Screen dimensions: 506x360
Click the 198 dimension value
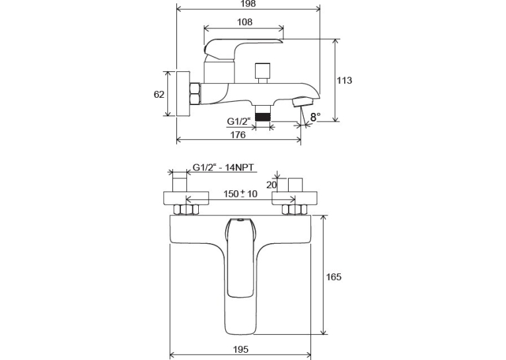click(x=248, y=3)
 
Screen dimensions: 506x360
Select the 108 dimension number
click(x=244, y=22)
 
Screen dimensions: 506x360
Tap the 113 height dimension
click(x=344, y=81)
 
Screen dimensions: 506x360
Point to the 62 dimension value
click(x=159, y=94)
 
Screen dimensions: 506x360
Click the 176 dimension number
click(x=238, y=135)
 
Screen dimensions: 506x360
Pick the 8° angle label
click(x=315, y=117)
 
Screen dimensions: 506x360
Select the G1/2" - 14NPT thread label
click(x=223, y=167)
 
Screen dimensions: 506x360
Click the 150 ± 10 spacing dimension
click(x=240, y=194)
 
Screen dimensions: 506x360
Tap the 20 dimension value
click(x=271, y=185)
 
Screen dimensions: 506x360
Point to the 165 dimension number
click(x=334, y=277)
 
